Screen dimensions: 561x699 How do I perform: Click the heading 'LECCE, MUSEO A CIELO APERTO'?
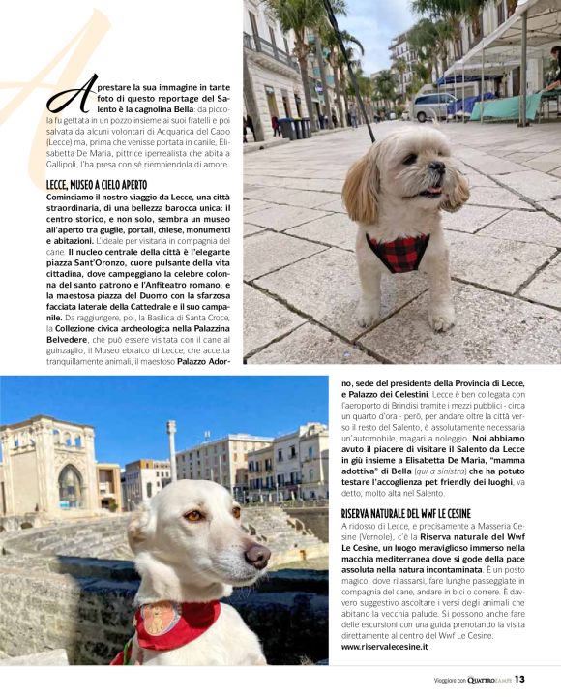click(x=102, y=185)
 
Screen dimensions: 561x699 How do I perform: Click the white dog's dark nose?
click(x=258, y=555)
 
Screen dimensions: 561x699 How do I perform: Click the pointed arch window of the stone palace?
click(x=71, y=485)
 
